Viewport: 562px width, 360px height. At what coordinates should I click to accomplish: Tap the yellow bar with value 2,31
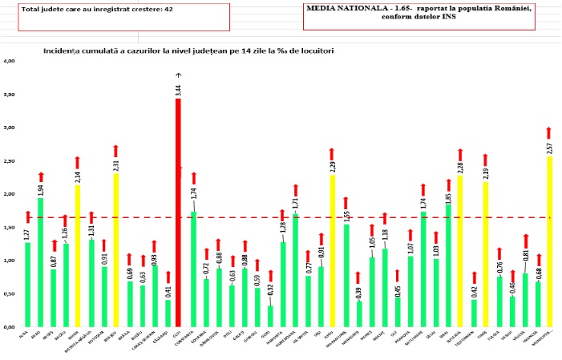point(115,249)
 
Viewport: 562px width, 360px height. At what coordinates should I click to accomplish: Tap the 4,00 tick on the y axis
point(9,61)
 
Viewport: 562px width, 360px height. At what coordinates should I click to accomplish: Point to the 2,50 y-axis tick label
point(9,161)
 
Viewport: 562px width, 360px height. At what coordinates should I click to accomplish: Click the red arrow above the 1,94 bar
point(41,176)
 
